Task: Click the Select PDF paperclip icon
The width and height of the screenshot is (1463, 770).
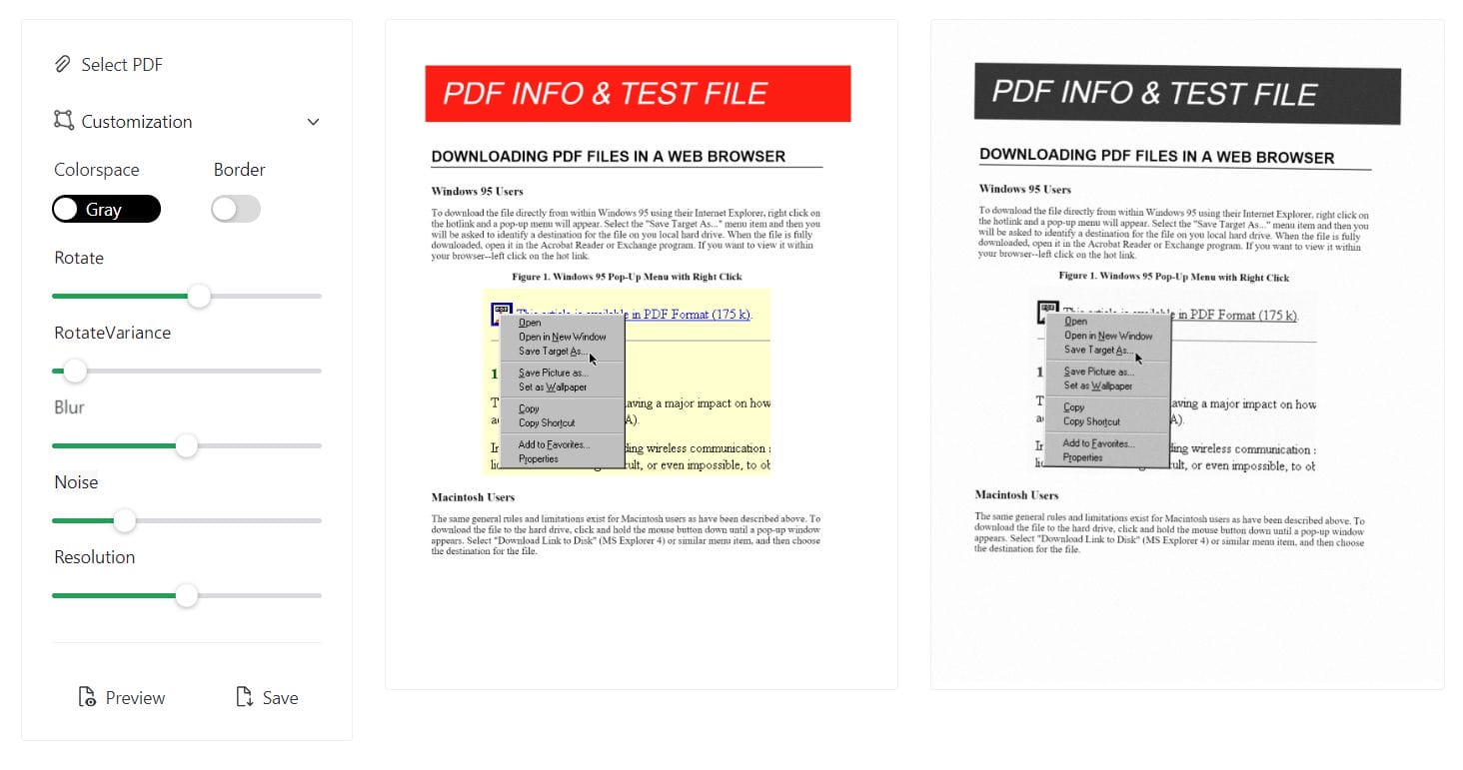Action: (x=62, y=65)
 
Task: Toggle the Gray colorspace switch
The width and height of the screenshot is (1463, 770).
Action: (x=106, y=209)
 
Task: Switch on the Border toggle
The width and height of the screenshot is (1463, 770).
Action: (x=236, y=209)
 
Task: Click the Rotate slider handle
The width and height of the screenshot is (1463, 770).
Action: (x=200, y=296)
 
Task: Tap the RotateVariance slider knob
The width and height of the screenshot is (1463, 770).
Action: (x=75, y=372)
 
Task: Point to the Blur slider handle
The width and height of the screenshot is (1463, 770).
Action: (x=187, y=446)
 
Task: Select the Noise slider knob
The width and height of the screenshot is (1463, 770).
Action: (x=124, y=520)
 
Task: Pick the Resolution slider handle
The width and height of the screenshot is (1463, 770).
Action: (x=187, y=596)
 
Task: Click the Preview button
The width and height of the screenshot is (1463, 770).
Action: (x=122, y=698)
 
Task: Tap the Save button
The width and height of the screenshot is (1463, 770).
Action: (x=267, y=698)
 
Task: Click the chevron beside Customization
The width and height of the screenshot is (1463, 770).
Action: (x=313, y=122)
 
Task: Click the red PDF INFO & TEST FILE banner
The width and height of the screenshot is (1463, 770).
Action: (x=638, y=94)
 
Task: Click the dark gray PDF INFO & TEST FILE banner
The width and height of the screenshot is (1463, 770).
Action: (x=1187, y=94)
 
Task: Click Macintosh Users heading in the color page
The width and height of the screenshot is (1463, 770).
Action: (x=473, y=497)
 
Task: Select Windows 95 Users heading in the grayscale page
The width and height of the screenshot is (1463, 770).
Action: (x=1024, y=189)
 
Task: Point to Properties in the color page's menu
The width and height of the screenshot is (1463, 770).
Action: (x=539, y=459)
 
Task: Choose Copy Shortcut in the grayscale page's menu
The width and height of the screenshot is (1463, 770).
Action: (x=1091, y=421)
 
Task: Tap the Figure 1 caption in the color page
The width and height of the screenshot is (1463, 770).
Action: (x=627, y=277)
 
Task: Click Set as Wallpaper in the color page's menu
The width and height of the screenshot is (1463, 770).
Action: (x=553, y=387)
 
